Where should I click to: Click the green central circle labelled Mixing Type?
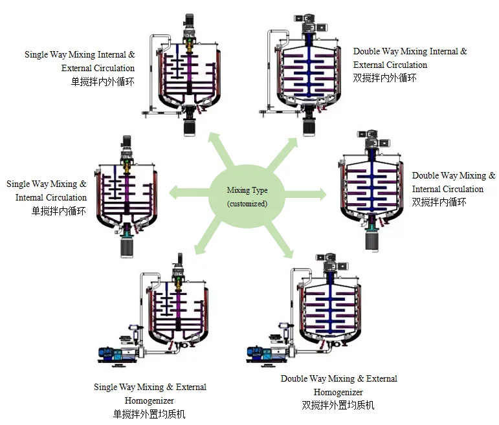click(247, 195)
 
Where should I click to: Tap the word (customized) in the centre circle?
click(247, 204)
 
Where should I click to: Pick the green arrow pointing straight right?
click(305, 194)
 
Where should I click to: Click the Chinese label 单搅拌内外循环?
click(102, 82)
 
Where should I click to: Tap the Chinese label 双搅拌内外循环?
click(384, 78)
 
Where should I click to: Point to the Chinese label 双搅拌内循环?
click(439, 202)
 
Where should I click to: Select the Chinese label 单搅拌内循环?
click(58, 211)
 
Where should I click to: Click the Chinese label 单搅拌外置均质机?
click(149, 414)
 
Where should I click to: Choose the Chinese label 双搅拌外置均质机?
click(338, 405)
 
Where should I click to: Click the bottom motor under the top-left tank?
click(190, 127)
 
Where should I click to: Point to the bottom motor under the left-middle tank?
click(127, 247)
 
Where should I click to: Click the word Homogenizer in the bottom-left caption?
click(150, 400)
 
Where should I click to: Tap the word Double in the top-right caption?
click(366, 51)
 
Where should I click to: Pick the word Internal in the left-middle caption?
click(29, 197)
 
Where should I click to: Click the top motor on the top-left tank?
click(190, 21)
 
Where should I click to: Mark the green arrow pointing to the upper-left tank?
click(221, 149)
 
